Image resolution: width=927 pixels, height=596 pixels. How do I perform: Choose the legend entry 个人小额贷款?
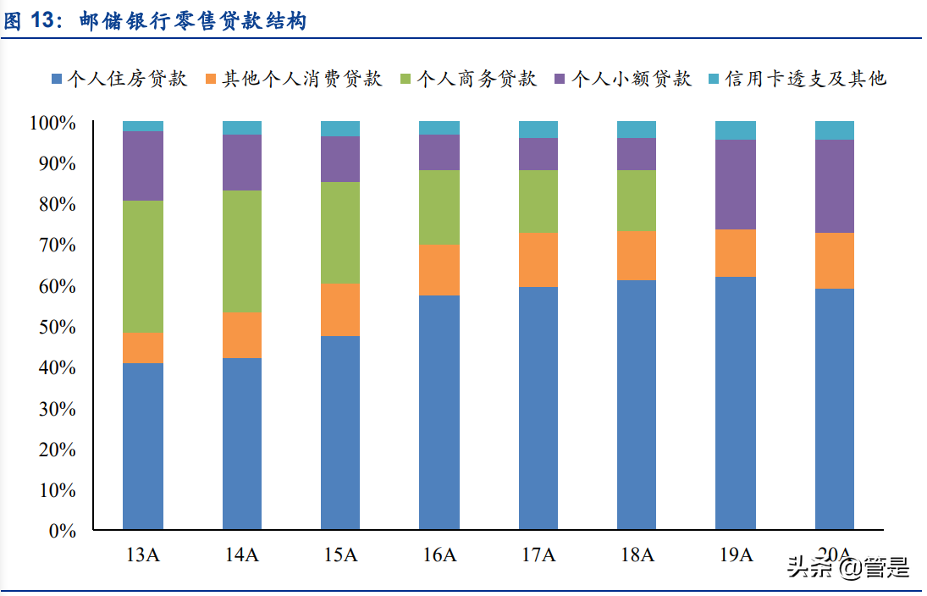(631, 80)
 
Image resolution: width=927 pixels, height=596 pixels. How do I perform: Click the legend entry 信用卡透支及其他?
(804, 80)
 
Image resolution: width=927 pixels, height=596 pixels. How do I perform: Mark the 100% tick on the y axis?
(54, 124)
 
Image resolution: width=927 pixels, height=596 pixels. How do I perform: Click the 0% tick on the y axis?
(63, 531)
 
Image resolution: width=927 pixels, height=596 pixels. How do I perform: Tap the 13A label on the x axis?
(142, 555)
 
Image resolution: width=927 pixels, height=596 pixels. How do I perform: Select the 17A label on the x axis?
(538, 555)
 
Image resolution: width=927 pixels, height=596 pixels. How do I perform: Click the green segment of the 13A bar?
(142, 267)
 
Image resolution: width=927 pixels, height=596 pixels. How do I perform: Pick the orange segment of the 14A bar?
(241, 335)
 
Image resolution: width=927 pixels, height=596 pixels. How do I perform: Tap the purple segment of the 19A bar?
(736, 185)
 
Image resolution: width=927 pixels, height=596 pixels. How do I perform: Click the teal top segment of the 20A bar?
(834, 130)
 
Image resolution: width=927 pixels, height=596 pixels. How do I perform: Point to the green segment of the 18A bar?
(637, 201)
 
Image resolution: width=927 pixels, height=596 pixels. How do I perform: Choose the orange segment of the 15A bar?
(340, 310)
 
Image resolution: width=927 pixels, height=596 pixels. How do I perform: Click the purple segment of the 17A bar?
(538, 154)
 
